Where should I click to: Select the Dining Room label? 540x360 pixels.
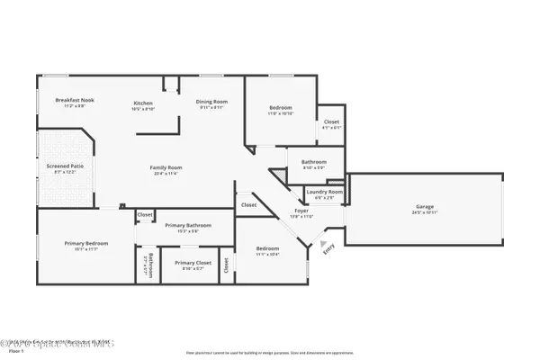pyautogui.click(x=212, y=102)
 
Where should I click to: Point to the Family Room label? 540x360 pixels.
pyautogui.click(x=166, y=167)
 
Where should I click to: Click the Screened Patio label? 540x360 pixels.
pyautogui.click(x=65, y=166)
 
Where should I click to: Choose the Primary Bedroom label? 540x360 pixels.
pyautogui.click(x=86, y=243)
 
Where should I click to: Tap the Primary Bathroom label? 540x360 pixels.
pyautogui.click(x=187, y=224)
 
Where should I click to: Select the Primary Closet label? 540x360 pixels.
pyautogui.click(x=193, y=264)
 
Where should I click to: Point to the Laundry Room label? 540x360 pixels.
pyautogui.click(x=324, y=192)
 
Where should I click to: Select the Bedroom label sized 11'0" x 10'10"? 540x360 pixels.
pyautogui.click(x=281, y=108)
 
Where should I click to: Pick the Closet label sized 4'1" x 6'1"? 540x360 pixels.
pyautogui.click(x=331, y=121)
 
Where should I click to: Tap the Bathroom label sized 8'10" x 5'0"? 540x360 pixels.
pyautogui.click(x=301, y=162)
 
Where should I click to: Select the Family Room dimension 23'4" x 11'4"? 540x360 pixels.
pyautogui.click(x=166, y=174)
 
